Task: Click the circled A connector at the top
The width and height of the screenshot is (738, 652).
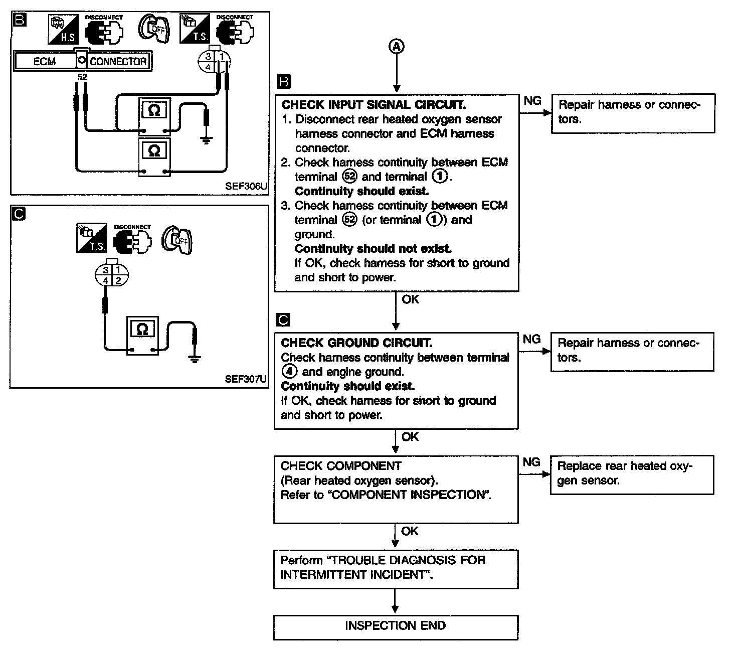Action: coord(396,47)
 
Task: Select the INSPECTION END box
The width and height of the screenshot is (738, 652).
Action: coord(395,626)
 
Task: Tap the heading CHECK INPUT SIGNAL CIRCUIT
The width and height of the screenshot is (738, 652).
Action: coord(374,105)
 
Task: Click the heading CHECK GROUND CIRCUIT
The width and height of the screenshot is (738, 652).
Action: coord(356,343)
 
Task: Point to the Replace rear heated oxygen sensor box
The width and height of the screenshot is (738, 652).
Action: coord(632,474)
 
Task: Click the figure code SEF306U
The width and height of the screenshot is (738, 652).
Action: coord(246,186)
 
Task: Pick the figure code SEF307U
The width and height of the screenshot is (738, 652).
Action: coord(246,379)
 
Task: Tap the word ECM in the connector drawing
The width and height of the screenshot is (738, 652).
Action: coord(45,62)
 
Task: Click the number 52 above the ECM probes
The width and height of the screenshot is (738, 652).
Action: coord(82,77)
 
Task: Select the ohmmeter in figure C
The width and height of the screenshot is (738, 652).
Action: coord(142,335)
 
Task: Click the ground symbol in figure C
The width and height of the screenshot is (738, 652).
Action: coord(195,358)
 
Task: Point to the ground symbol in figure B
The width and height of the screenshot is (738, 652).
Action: coord(206,140)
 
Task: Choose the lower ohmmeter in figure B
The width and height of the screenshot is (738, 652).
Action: coord(154,157)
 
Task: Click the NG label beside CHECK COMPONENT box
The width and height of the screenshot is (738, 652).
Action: coord(531,462)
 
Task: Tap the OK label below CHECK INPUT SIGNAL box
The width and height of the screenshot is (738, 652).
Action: coord(410,299)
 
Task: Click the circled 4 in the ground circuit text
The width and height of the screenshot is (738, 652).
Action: coord(289,372)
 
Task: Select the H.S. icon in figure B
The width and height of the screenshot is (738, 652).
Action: coord(62,30)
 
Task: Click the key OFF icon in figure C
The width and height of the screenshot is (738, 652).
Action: coord(178,240)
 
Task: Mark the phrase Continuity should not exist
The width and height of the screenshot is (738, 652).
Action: coord(373,249)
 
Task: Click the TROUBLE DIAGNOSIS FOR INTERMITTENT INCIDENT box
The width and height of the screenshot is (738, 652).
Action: coord(395,568)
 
